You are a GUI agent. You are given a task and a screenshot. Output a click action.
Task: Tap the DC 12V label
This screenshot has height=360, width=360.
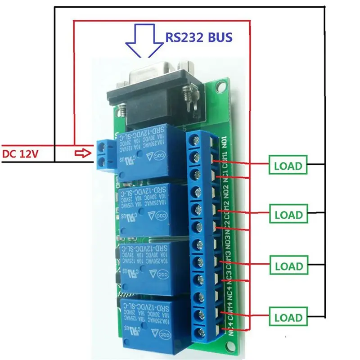(x=21, y=154)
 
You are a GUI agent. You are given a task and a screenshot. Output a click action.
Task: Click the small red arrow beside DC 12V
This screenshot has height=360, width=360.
(x=81, y=154)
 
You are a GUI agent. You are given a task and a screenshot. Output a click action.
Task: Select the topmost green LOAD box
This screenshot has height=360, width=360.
(x=288, y=166)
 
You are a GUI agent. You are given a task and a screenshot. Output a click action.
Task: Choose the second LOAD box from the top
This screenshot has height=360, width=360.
(x=288, y=215)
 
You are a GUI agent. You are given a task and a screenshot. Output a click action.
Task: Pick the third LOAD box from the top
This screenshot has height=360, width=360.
(x=288, y=266)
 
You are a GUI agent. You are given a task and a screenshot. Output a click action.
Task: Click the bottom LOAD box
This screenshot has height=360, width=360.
(x=288, y=318)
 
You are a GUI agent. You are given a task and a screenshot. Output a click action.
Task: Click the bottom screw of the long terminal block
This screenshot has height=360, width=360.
(x=197, y=333)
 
